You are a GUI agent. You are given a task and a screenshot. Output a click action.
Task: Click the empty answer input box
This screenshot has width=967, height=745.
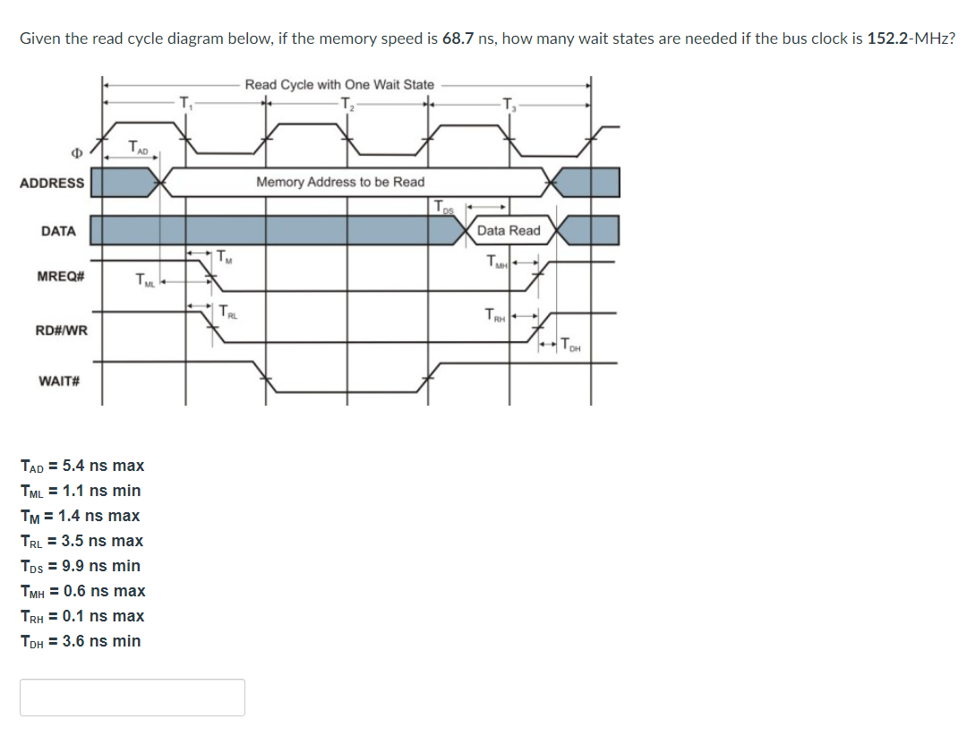point(133,697)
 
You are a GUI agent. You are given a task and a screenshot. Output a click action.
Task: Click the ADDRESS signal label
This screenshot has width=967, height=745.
point(52,183)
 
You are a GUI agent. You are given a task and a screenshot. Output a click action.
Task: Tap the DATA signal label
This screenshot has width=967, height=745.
point(58,231)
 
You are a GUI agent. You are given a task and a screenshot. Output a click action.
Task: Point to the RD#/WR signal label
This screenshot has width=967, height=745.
point(61,330)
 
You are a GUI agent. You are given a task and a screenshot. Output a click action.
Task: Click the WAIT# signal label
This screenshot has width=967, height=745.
point(60,381)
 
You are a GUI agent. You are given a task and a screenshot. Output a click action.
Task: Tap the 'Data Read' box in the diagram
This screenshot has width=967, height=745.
point(509,230)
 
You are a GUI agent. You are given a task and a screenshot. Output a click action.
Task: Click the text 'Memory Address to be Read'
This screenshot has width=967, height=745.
point(340,182)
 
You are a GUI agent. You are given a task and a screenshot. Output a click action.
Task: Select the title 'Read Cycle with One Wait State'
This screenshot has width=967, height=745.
point(339,84)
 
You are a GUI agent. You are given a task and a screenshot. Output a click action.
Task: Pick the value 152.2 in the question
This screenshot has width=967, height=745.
point(887,39)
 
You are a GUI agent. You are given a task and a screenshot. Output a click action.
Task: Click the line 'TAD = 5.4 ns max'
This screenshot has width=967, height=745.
point(81,466)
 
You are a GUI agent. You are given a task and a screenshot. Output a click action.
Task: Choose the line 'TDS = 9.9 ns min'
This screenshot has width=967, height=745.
point(80,566)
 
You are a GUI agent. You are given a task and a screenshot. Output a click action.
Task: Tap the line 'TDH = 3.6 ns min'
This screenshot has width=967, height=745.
point(80,641)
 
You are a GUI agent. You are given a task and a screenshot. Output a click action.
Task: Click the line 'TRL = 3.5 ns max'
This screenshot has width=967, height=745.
point(81,541)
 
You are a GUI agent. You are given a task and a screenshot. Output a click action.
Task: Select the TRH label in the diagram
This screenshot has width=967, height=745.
point(494,314)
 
